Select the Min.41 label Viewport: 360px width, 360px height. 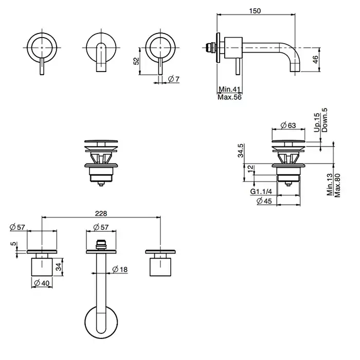[x=229, y=89]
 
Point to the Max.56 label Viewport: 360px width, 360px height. [x=229, y=97]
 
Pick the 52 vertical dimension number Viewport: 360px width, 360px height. [x=136, y=61]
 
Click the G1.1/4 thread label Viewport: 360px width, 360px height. [x=261, y=192]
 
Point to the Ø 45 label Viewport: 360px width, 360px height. [x=264, y=201]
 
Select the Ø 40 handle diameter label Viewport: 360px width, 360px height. [x=41, y=282]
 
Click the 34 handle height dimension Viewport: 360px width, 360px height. [x=59, y=266]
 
